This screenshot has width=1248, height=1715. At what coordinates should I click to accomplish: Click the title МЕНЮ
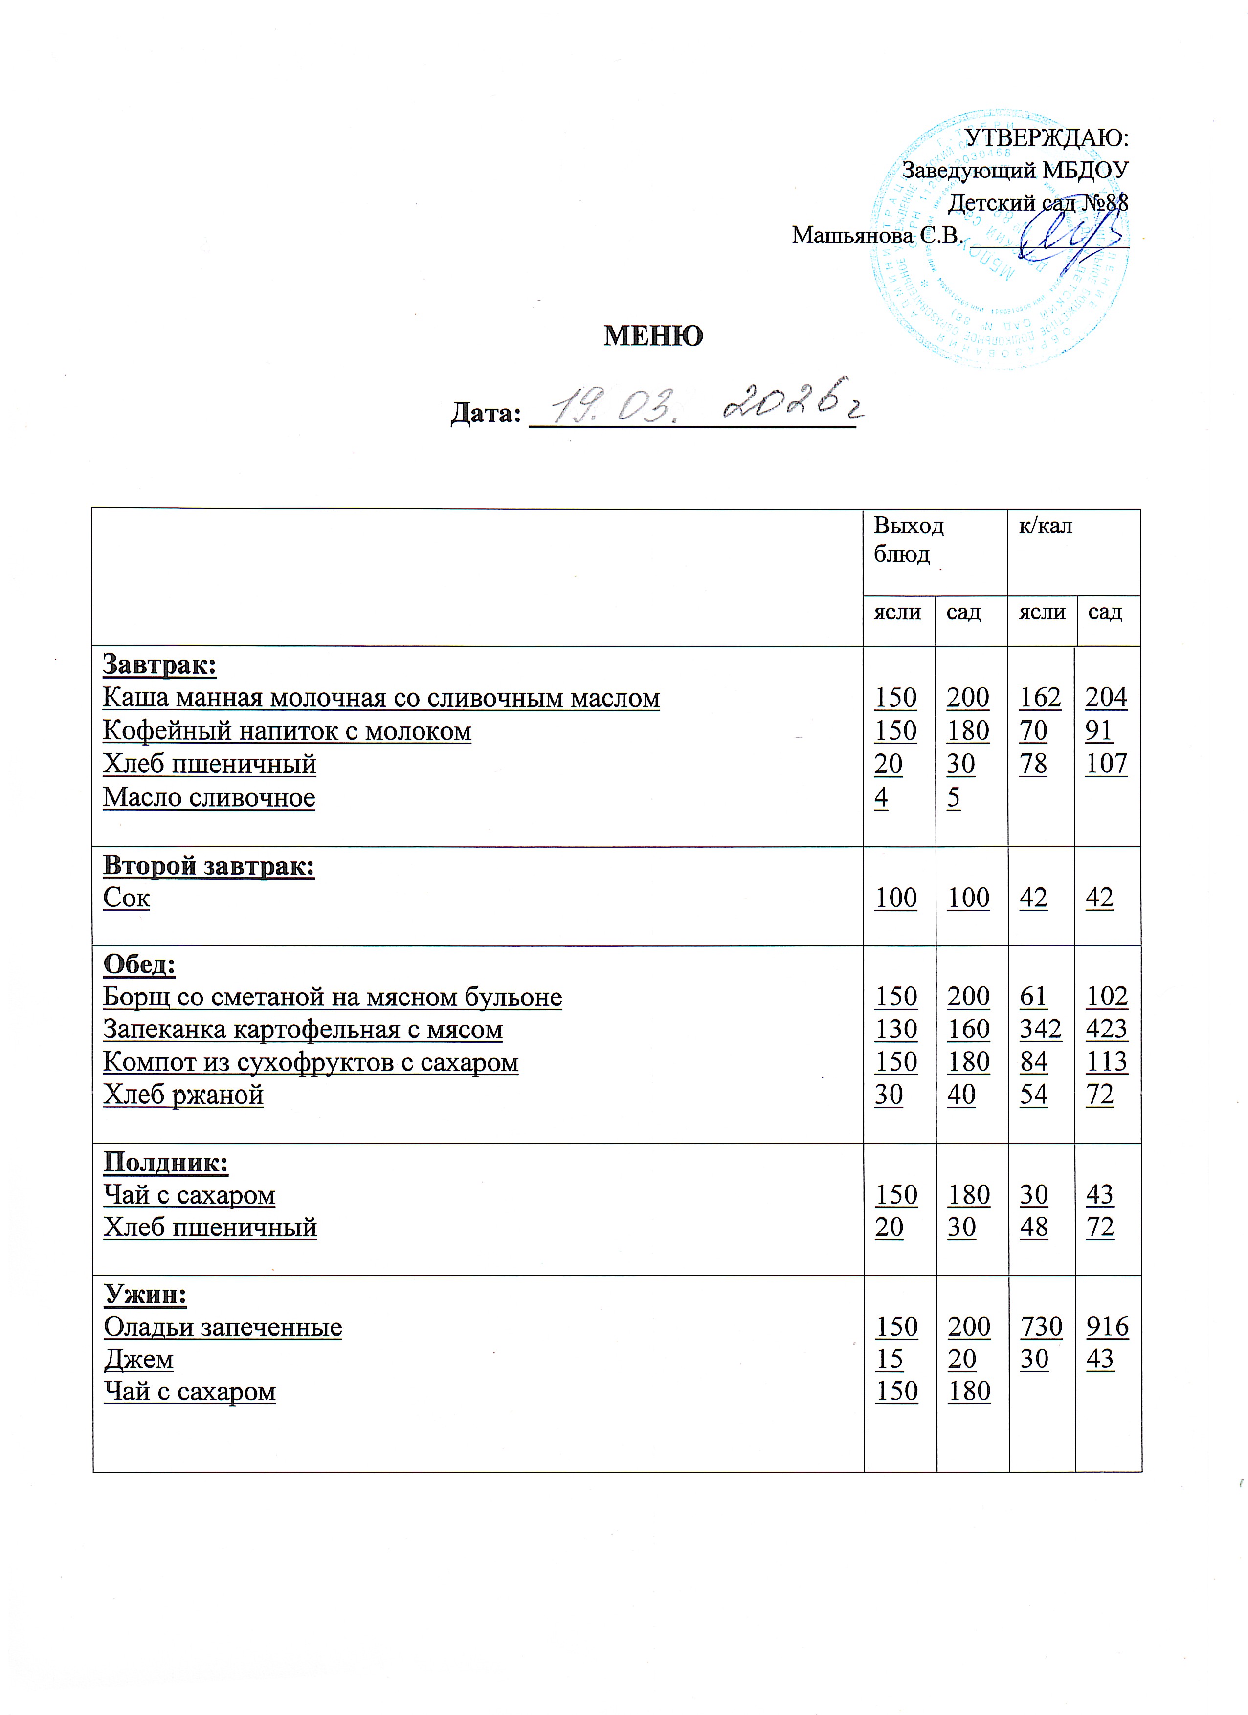(653, 336)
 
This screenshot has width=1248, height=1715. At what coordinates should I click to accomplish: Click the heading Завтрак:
(159, 665)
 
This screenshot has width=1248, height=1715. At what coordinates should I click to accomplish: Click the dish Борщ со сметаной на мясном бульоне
(332, 997)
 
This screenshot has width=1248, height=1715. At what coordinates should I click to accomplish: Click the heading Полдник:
(166, 1162)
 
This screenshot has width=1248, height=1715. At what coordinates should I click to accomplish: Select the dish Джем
(138, 1359)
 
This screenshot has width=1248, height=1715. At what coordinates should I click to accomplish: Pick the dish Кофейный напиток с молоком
(287, 731)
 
